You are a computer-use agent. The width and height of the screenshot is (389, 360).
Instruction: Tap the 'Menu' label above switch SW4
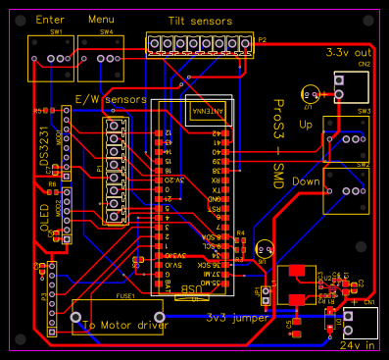point(101,19)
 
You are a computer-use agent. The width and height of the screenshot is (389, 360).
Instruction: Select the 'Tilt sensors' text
point(200,23)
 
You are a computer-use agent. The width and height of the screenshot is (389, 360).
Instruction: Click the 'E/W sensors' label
point(111,99)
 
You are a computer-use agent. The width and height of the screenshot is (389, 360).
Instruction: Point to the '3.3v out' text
point(349,53)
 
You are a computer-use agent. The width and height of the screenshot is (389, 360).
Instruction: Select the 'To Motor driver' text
point(125,324)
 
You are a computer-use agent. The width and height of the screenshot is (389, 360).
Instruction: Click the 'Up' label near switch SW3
point(306,127)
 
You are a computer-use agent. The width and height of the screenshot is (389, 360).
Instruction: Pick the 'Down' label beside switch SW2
point(306,182)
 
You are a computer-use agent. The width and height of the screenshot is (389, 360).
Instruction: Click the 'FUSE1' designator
point(125,294)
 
